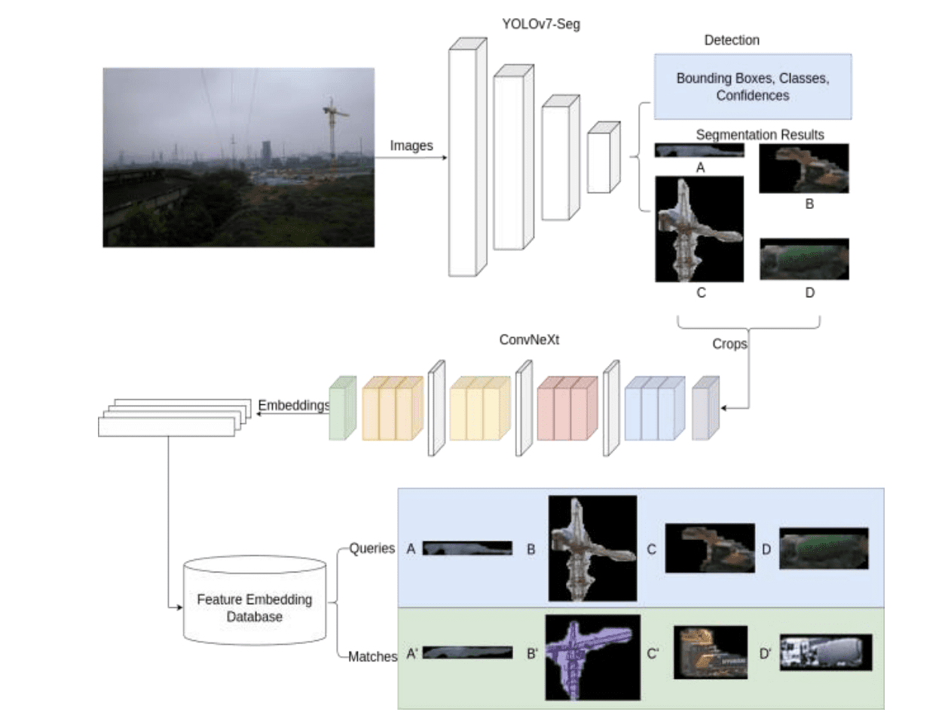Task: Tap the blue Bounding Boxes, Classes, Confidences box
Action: pyautogui.click(x=752, y=87)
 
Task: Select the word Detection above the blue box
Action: pyautogui.click(x=732, y=39)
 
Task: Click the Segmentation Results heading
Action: pyautogui.click(x=760, y=135)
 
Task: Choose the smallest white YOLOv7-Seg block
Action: pyautogui.click(x=602, y=158)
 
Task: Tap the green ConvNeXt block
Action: pyautogui.click(x=341, y=407)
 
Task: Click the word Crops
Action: pyautogui.click(x=729, y=343)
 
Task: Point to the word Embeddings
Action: pyautogui.click(x=294, y=405)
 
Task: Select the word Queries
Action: pyautogui.click(x=372, y=548)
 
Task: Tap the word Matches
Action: pyautogui.click(x=372, y=657)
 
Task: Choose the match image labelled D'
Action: pyautogui.click(x=825, y=652)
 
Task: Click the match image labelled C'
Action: pyautogui.click(x=710, y=652)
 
